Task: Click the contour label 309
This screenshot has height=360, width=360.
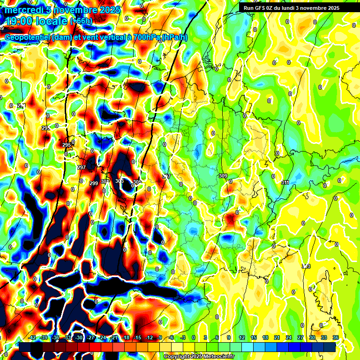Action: (x=223, y=176)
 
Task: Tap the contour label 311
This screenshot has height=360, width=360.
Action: (x=285, y=182)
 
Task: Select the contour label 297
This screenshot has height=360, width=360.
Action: (x=81, y=167)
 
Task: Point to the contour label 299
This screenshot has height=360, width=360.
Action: (x=94, y=183)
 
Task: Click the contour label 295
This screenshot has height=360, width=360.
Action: (x=67, y=145)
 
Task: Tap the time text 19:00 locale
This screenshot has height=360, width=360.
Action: (x=36, y=21)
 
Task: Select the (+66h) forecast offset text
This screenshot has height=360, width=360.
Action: (x=81, y=21)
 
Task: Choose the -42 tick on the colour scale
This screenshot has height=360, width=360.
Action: (x=32, y=337)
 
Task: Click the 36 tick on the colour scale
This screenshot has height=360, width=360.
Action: (x=336, y=337)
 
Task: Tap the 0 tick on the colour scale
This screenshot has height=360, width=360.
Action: (x=194, y=337)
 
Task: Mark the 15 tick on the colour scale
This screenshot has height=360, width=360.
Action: (x=253, y=337)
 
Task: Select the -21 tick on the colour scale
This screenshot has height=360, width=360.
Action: (x=114, y=337)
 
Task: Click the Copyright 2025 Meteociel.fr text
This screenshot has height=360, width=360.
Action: (x=199, y=356)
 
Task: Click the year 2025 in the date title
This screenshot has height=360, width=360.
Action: (x=107, y=10)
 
